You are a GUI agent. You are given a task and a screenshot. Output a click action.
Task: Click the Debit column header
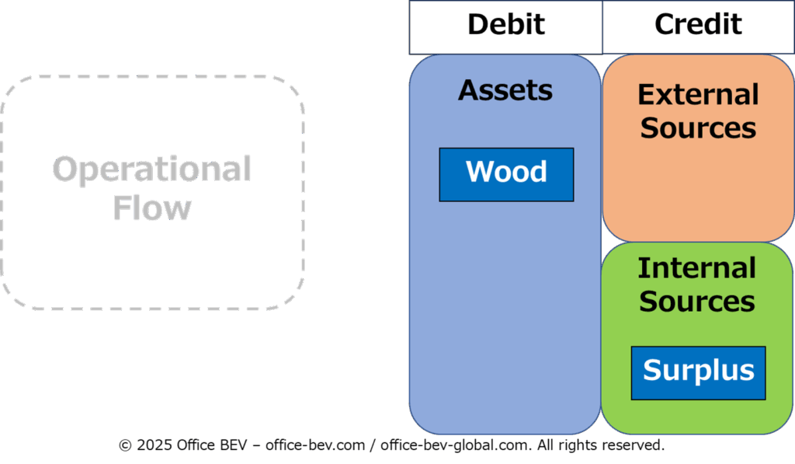pos(506,27)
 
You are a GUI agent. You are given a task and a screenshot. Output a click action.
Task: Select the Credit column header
pos(698,27)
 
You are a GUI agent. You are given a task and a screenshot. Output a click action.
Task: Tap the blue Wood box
pos(506,175)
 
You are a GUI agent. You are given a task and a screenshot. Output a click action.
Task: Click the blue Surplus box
pos(698,373)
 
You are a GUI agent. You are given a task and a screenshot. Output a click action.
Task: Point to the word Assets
pos(505,90)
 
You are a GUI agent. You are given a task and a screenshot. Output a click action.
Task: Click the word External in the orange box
pos(698,94)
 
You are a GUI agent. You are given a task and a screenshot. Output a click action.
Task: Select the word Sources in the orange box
pos(698,127)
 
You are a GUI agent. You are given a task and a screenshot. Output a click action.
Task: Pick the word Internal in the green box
pos(696,268)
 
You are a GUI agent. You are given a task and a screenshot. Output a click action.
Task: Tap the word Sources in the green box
pos(697,301)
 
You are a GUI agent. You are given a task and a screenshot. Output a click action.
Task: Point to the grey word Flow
pos(152,207)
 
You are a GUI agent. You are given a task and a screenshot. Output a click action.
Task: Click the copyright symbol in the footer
pos(125,445)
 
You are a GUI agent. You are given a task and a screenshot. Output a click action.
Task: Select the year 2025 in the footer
pos(154,445)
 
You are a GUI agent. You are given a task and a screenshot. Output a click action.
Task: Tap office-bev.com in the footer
pos(315,445)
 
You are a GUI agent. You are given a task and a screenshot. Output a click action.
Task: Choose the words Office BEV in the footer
pos(212,445)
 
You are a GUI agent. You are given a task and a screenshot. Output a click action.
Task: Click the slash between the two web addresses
pos(373,445)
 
